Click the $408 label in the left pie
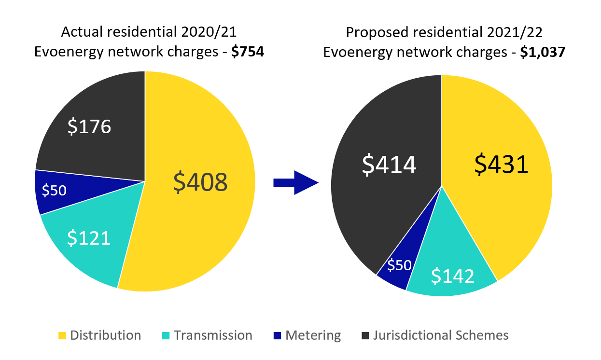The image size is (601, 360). click(200, 182)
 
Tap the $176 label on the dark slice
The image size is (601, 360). click(89, 126)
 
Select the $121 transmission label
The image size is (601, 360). click(89, 237)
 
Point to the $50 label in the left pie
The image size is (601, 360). click(54, 191)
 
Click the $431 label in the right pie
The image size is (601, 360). click(502, 165)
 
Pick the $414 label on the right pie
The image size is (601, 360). click(389, 165)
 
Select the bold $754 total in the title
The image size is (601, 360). click(247, 52)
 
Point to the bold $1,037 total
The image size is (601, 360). click(542, 52)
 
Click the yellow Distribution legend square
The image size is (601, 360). click(62, 335)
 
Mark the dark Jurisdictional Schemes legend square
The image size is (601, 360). click(366, 335)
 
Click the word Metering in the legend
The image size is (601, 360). click(313, 335)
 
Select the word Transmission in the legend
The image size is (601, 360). click(213, 335)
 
